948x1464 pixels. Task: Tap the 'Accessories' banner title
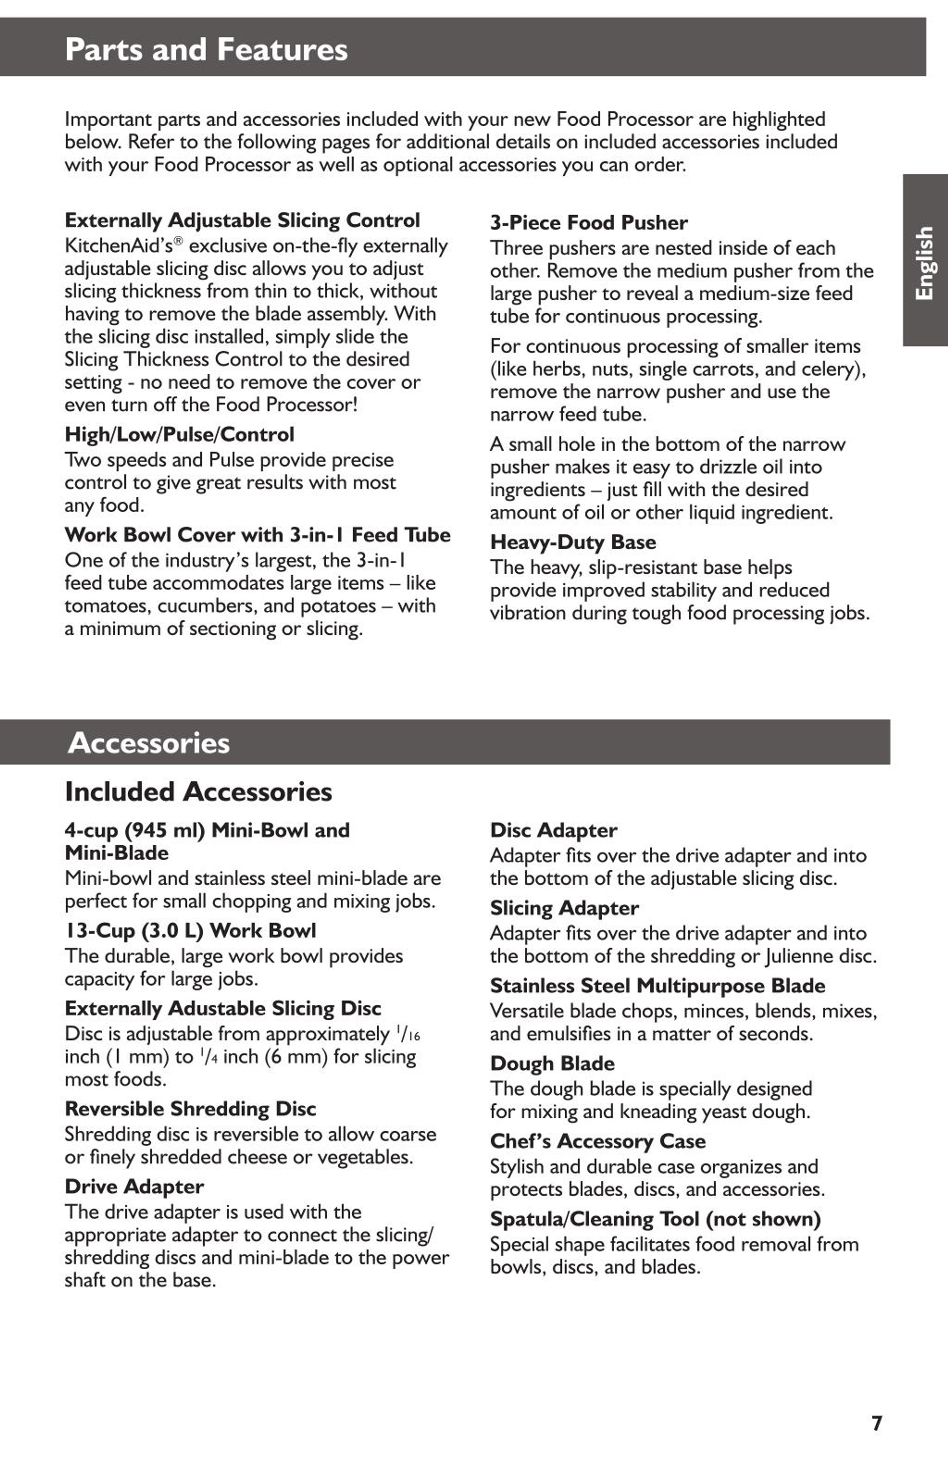pos(149,743)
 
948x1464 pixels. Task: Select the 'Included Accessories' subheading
pos(198,792)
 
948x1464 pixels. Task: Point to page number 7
pos(877,1423)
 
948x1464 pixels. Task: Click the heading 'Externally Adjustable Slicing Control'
pos(243,220)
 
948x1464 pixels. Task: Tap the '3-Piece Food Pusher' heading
pos(589,223)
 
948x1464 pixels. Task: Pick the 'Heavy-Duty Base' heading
pos(573,542)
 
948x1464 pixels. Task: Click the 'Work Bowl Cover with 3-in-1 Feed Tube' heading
pos(257,535)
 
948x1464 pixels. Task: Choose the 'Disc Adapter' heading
pos(553,830)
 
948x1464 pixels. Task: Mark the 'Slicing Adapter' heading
pos(564,908)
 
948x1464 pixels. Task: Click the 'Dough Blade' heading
pos(552,1063)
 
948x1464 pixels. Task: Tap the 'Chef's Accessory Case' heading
pos(597,1141)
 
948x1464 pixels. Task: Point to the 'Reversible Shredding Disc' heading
pos(190,1108)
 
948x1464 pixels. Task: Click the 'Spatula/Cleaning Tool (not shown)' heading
pos(655,1219)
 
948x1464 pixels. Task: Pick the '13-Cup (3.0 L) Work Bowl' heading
pos(190,931)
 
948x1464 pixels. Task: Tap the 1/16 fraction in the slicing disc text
pos(408,1034)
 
